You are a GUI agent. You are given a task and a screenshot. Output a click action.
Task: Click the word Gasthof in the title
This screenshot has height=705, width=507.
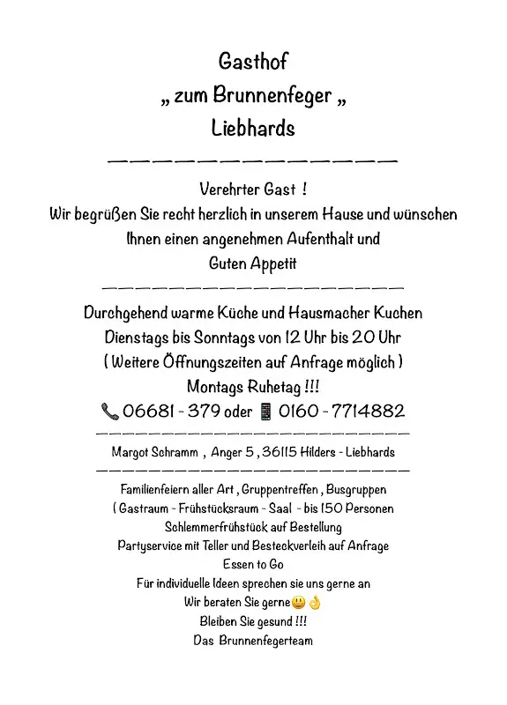point(253,62)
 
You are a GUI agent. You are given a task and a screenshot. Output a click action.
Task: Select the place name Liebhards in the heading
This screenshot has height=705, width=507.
point(253,128)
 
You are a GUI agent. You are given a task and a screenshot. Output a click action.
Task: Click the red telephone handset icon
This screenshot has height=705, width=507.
point(110,411)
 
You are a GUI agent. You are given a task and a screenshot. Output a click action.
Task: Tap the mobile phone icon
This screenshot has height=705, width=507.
point(265,411)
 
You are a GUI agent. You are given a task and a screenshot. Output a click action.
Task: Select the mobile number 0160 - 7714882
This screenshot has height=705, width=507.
point(341,411)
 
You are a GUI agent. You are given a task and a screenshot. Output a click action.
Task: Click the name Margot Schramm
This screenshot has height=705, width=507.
point(153,452)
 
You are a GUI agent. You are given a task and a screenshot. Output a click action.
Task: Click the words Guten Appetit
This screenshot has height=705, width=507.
point(253,263)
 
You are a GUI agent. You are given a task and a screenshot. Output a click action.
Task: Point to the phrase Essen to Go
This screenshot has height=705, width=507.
point(253,564)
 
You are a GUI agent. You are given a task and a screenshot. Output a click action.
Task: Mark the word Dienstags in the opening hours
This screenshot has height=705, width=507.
point(140,337)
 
